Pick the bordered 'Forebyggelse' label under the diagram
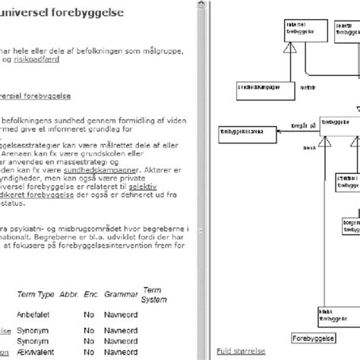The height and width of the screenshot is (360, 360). [x=313, y=338]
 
